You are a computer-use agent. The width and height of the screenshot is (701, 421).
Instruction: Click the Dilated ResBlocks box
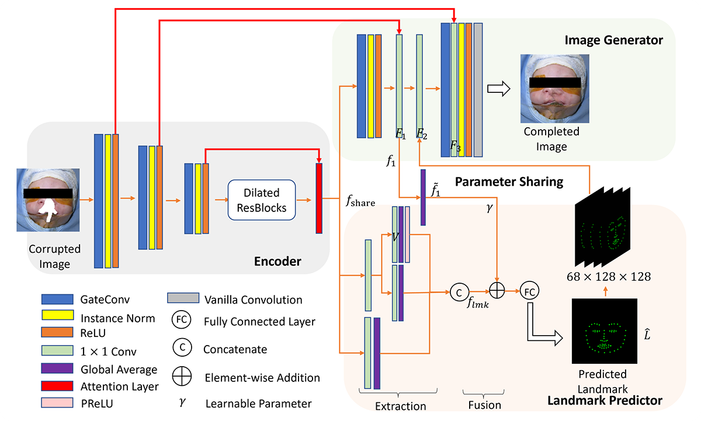pos(261,199)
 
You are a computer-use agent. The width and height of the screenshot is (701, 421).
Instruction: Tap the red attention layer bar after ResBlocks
pos(319,199)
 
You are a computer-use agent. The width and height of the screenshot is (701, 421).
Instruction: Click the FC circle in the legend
pos(182,321)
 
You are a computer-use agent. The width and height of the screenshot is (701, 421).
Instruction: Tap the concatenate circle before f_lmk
pos(459,290)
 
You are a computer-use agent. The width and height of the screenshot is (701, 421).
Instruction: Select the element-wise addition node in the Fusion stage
pos(497,290)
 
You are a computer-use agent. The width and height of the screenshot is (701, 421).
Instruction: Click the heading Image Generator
pos(613,40)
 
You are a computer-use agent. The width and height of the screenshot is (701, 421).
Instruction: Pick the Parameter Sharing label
pos(508,182)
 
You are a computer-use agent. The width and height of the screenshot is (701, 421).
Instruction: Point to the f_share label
pos(359,201)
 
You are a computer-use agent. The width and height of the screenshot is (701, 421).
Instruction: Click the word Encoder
pos(277,261)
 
